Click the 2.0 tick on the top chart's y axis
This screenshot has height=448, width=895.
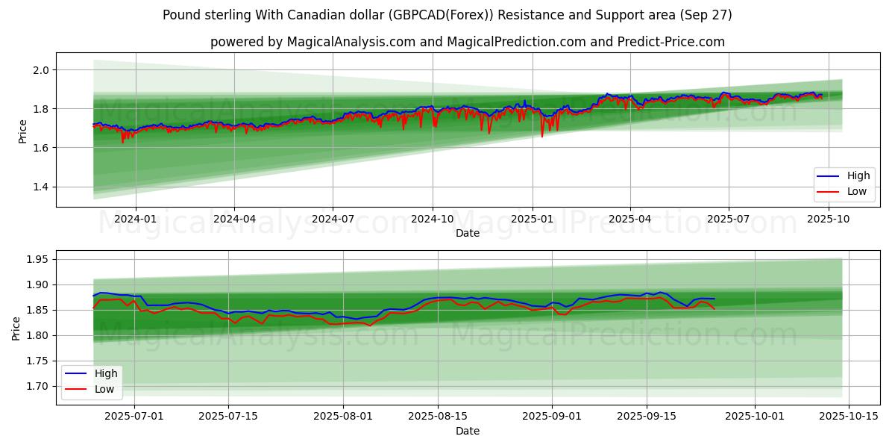40,70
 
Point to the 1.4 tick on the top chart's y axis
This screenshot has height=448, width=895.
40,187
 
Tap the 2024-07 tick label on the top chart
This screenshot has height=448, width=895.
332,219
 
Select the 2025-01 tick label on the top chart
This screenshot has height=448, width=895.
532,219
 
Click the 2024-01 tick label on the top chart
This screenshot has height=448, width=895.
135,219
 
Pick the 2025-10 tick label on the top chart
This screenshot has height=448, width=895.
828,219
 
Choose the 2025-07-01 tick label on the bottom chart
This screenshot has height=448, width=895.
135,417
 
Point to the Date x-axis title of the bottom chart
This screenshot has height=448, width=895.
468,431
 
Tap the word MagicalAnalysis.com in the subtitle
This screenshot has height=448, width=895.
351,42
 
